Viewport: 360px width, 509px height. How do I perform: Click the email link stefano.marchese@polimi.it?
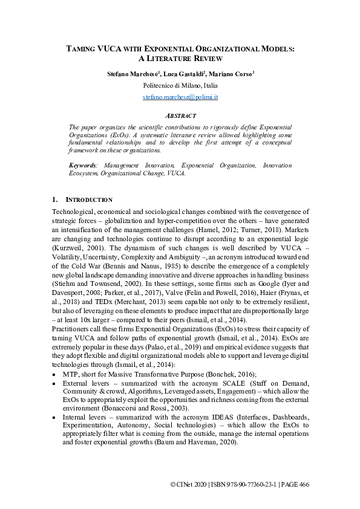coord(180,97)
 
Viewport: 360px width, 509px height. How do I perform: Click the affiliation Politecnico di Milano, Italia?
coord(180,85)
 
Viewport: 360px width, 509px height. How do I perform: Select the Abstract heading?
coord(180,115)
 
